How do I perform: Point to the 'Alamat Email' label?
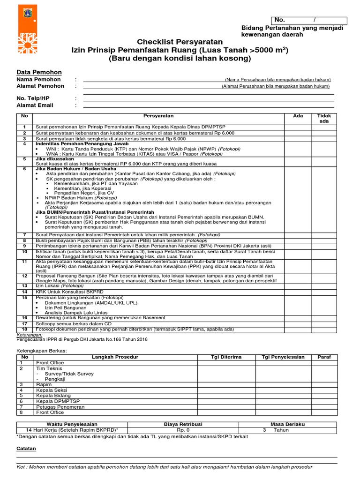(35, 105)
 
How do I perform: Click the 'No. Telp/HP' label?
(33, 98)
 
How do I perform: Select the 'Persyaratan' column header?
(158, 116)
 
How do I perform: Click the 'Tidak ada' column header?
(324, 118)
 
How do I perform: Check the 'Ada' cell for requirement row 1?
(298, 127)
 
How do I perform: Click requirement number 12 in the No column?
(25, 276)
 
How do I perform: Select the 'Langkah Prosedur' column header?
(115, 357)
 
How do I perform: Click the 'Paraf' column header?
(324, 357)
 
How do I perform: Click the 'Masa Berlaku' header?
(287, 424)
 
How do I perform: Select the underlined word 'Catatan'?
(26, 449)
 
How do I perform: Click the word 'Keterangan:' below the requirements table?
(30, 335)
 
